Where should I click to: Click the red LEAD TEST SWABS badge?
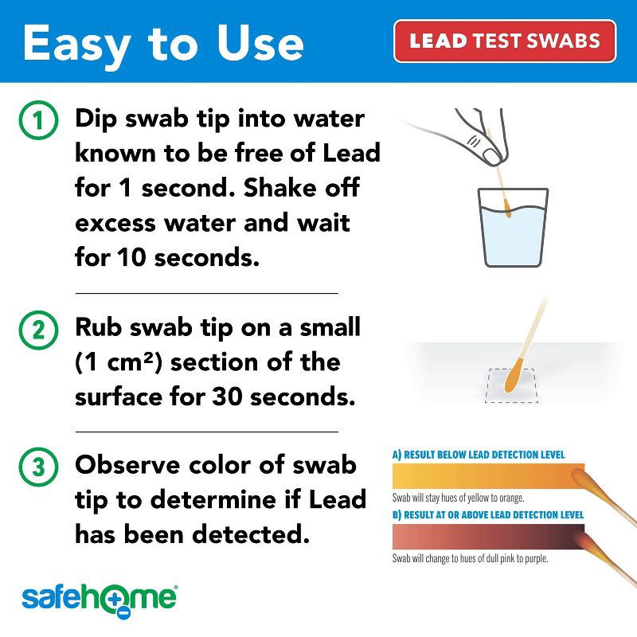(505, 41)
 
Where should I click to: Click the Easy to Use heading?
(162, 43)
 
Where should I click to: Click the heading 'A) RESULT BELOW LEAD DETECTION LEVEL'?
(479, 455)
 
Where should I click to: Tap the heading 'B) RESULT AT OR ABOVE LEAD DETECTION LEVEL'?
(487, 515)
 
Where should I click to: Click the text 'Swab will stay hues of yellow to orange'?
(458, 498)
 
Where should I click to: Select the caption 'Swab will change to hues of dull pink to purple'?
(470, 558)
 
